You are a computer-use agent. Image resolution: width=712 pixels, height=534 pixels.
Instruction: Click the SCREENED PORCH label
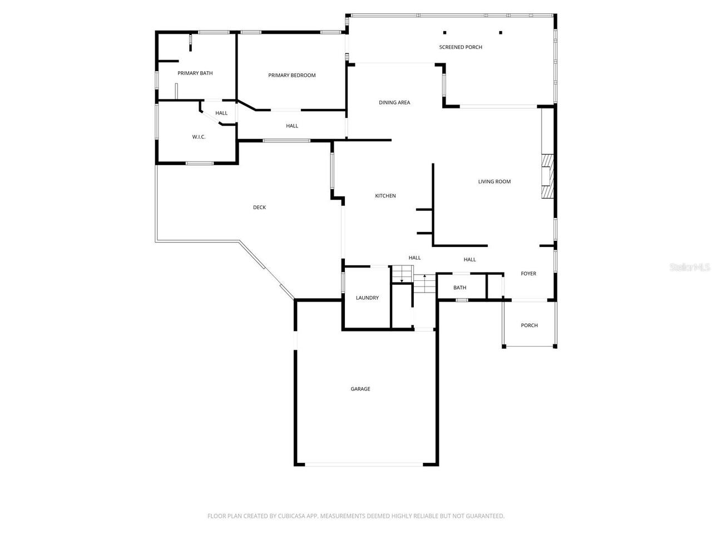[x=461, y=47]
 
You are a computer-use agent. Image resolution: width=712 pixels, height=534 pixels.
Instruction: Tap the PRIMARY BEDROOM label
[x=291, y=76]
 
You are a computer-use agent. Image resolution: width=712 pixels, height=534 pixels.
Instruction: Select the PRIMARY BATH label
[x=195, y=73]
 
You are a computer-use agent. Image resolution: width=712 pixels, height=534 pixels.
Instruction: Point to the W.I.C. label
[x=199, y=137]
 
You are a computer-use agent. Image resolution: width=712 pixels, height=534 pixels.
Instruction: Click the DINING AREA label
[x=394, y=103]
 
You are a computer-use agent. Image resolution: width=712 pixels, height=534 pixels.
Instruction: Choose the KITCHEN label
[x=385, y=196]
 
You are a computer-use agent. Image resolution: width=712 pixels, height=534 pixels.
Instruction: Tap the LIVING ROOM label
[x=494, y=182]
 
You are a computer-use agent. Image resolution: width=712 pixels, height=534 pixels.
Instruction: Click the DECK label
[x=259, y=207]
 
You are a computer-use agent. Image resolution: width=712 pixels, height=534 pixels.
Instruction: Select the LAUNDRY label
[x=367, y=298]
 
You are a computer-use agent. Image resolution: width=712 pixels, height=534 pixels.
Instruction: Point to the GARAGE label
[x=360, y=389]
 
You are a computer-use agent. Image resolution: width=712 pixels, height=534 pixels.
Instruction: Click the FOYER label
[x=528, y=274]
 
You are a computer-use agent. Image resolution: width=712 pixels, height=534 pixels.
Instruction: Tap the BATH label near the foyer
[x=459, y=288]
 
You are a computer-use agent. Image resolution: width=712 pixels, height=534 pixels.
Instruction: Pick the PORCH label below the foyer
[x=529, y=325]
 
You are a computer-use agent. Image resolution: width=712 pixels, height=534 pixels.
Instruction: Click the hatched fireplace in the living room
[x=548, y=175]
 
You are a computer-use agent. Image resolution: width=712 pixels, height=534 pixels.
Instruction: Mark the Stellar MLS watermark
[x=689, y=268]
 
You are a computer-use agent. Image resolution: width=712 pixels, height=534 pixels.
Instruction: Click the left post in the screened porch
[x=444, y=32]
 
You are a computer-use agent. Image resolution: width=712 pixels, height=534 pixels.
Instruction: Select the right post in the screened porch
[x=500, y=32]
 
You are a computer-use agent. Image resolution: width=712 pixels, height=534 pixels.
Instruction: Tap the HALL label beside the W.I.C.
[x=221, y=113]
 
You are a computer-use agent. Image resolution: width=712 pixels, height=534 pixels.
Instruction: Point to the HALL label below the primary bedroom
[x=292, y=126]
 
